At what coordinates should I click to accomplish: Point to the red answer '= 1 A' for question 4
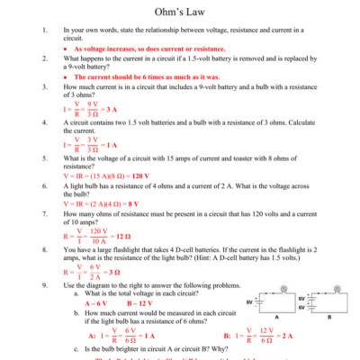pyautogui.click(x=110, y=143)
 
